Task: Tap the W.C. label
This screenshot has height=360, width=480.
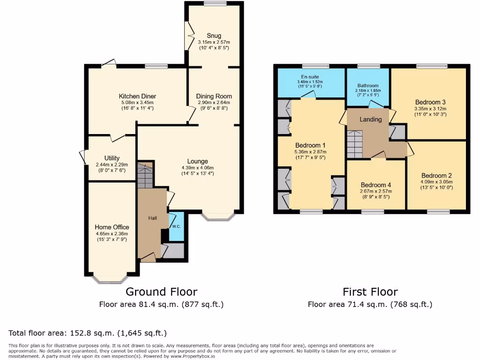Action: [176, 226]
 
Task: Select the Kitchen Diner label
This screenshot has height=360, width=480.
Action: [136, 96]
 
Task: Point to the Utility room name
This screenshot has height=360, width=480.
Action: [112, 158]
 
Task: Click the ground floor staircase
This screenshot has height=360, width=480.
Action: [145, 177]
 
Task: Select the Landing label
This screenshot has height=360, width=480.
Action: [370, 120]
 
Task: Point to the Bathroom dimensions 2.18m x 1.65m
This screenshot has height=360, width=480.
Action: [367, 91]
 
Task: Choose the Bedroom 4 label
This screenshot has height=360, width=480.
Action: [376, 185]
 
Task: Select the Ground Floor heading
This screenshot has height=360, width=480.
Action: [161, 292]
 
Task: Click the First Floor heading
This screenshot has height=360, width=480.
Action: [370, 292]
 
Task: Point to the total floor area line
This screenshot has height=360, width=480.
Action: [88, 333]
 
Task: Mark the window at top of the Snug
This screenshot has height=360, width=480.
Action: [215, 4]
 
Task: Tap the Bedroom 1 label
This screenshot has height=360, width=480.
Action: [310, 145]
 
